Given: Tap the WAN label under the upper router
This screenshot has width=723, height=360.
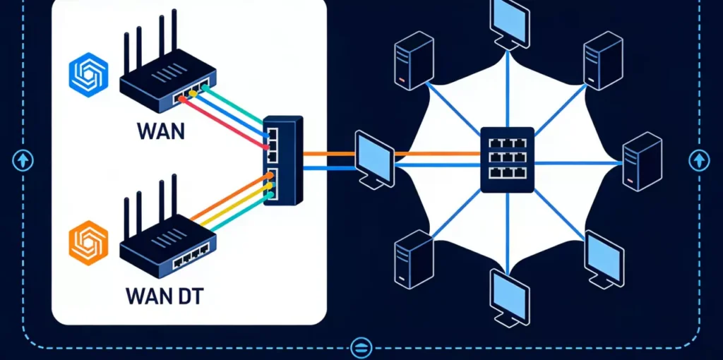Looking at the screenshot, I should [x=162, y=131].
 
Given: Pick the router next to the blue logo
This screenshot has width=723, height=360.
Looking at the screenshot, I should [x=167, y=78].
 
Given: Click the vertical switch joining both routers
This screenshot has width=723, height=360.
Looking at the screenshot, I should [x=282, y=161].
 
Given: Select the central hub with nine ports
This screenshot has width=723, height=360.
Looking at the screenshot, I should [x=506, y=160].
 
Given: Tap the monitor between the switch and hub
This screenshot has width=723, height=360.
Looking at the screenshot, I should [x=373, y=160].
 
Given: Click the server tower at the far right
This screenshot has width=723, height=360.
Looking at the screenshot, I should [x=642, y=162].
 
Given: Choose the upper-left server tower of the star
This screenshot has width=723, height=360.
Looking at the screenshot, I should [x=414, y=60].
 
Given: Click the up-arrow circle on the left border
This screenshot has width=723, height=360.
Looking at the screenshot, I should [x=23, y=160].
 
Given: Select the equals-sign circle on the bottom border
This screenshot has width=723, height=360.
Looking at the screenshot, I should [x=361, y=347].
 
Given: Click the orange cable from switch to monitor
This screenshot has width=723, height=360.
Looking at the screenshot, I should [x=328, y=153].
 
